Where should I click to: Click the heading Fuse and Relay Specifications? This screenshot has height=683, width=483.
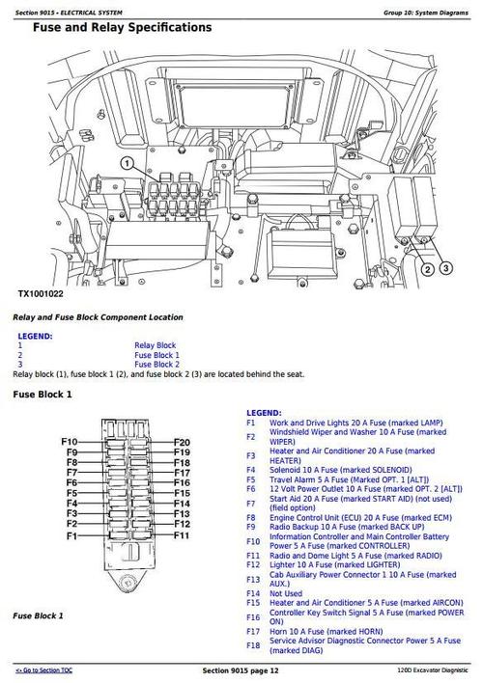(122, 28)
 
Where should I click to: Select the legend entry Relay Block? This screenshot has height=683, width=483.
(155, 344)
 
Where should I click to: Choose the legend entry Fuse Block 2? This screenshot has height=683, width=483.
(156, 364)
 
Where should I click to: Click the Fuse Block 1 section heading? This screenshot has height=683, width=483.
(43, 395)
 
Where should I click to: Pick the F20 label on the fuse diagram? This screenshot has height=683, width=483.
(182, 442)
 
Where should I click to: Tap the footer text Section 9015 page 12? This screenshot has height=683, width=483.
(241, 669)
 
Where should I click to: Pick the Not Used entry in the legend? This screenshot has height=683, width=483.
(289, 593)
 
